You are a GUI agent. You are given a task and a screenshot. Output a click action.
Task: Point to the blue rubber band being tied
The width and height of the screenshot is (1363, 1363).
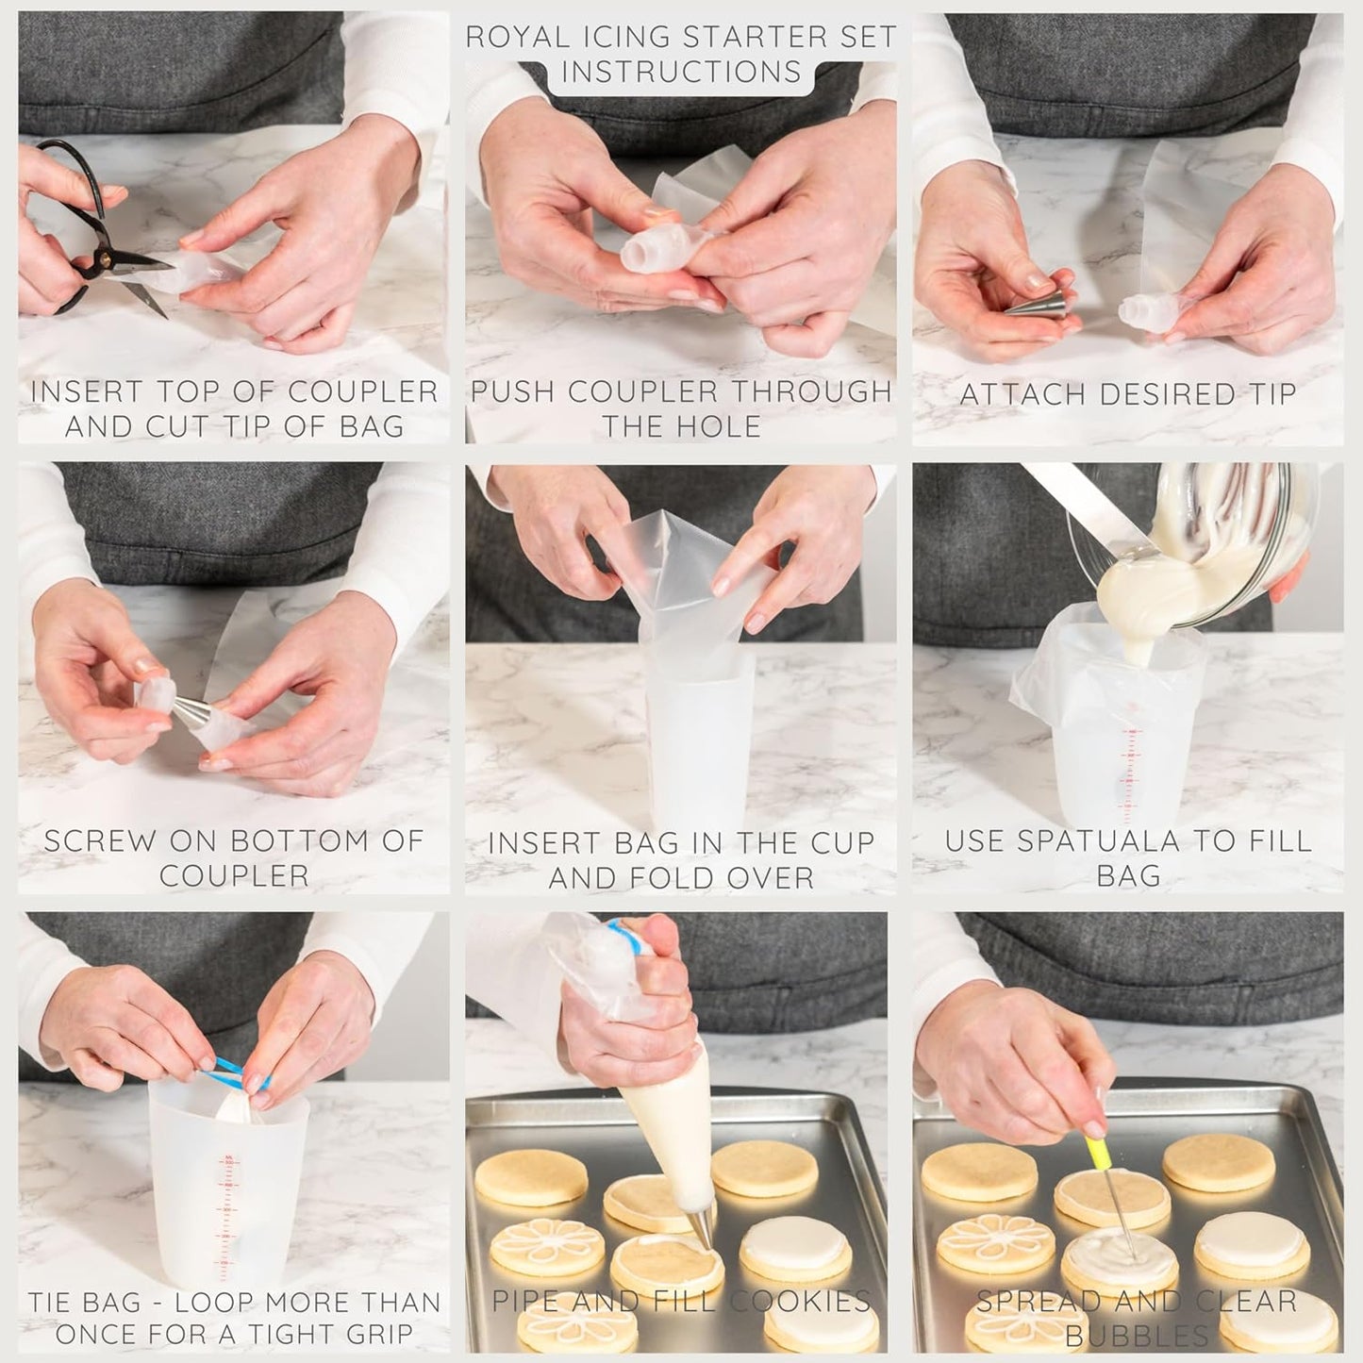[231, 1071]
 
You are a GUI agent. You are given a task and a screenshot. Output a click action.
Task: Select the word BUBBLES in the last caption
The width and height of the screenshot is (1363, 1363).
[1137, 1336]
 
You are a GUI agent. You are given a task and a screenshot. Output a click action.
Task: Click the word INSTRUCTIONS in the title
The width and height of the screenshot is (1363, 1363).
[682, 73]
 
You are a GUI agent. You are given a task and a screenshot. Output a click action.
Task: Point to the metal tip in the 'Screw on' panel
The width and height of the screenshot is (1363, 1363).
[189, 710]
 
